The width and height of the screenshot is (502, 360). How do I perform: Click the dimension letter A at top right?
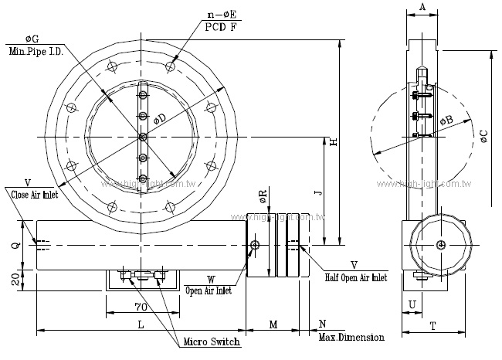click(x=422, y=7)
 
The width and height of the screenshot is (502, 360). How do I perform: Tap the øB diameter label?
click(x=446, y=121)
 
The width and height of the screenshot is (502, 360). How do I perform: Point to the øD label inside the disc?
click(x=159, y=118)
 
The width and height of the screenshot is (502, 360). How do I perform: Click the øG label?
click(x=32, y=38)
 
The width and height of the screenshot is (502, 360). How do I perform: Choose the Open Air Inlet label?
click(x=209, y=291)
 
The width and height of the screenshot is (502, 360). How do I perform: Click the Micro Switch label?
click(x=211, y=341)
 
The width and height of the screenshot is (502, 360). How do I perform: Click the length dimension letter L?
click(x=141, y=325)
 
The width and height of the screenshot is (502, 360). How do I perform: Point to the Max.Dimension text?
click(x=351, y=338)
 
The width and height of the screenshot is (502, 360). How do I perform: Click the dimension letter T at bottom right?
click(x=432, y=326)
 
